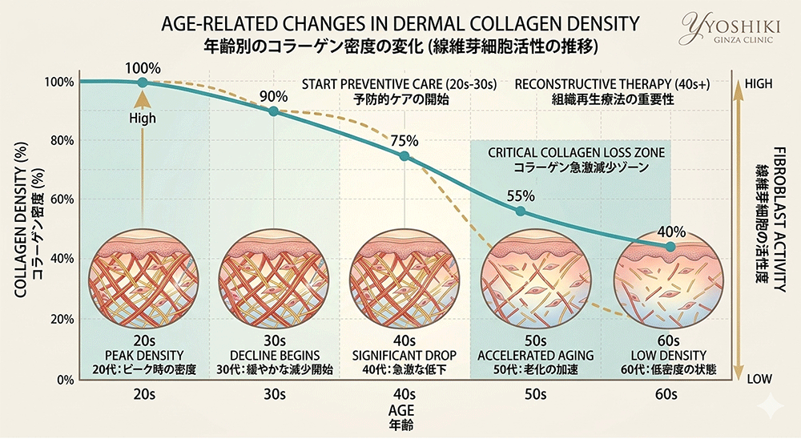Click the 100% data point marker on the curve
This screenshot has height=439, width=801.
point(143,83)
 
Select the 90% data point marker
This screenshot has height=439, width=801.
point(273,111)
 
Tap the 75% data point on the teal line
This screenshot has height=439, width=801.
point(404,156)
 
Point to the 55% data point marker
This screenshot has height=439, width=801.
point(521,211)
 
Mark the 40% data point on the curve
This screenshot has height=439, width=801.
point(670,247)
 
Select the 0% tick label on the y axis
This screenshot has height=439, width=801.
point(64,380)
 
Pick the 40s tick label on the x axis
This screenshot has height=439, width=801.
point(404,394)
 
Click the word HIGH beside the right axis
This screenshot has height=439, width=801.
point(759,83)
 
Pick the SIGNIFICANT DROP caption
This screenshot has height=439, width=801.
point(404,356)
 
